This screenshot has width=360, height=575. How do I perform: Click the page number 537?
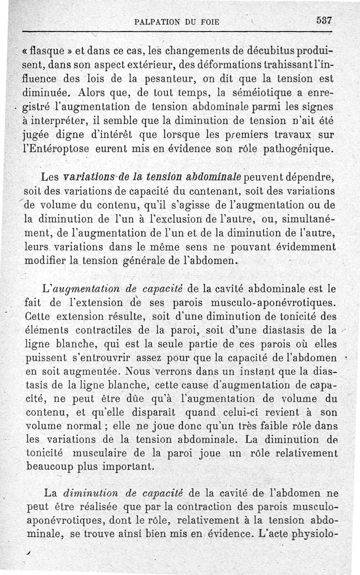324,21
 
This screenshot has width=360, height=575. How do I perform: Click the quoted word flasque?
50,49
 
